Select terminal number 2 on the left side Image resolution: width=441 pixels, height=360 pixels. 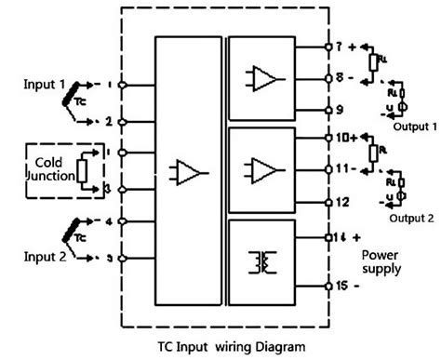(x=110, y=122)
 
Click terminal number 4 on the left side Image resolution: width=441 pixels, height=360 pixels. (x=110, y=221)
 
